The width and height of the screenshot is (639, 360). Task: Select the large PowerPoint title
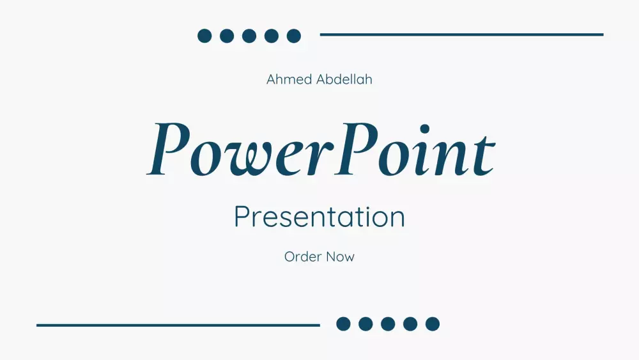(320, 150)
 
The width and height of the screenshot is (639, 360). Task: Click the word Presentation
(319, 217)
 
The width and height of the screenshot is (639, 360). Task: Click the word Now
(340, 256)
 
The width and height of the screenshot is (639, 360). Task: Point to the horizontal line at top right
(461, 35)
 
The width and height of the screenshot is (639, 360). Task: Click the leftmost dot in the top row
(204, 36)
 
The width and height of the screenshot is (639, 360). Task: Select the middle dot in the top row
(249, 36)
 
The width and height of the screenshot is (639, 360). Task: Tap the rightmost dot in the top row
(294, 36)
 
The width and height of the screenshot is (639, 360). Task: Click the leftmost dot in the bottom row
(344, 324)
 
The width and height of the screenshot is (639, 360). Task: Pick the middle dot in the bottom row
(388, 324)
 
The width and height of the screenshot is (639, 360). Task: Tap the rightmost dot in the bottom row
(433, 324)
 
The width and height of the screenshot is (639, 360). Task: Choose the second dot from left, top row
(227, 36)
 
